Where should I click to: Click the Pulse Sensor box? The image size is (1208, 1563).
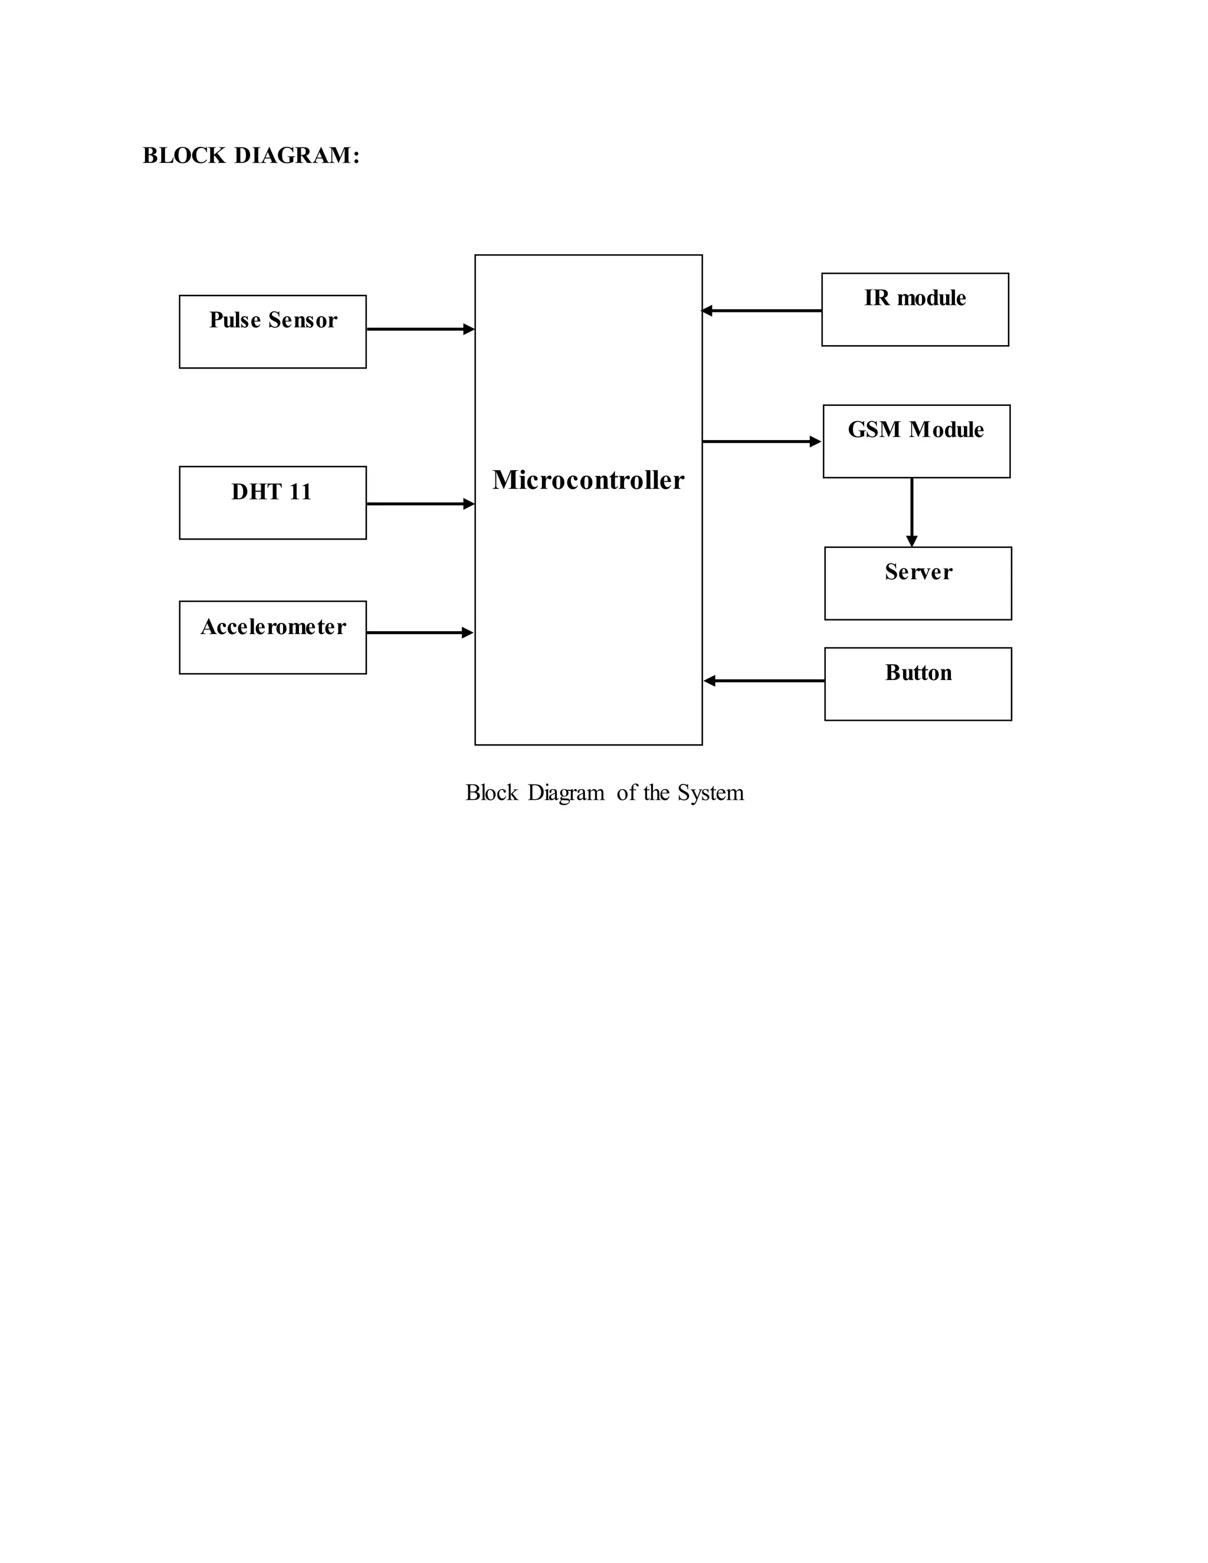coord(273,332)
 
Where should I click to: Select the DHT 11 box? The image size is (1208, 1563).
coord(273,503)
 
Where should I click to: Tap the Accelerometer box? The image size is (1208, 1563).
coord(273,638)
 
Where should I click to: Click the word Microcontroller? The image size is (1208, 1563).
coord(588,480)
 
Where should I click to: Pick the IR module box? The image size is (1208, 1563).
coord(915,310)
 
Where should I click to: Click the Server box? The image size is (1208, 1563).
coord(917,583)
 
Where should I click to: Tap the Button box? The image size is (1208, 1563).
coord(917,684)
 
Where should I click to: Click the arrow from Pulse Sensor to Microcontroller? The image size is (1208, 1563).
coord(420,329)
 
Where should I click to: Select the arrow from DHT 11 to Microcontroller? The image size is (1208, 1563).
coord(420,504)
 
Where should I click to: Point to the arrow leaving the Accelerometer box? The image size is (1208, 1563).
coord(420,633)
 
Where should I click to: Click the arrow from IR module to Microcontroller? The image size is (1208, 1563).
coord(761,311)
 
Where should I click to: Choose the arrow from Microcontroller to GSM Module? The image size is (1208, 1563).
coord(761,442)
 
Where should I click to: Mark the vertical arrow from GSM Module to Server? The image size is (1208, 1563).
coord(912,512)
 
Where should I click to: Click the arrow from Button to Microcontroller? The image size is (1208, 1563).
coord(764,681)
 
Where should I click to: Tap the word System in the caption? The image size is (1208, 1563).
coord(711,793)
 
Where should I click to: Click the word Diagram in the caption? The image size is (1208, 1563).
coord(566,793)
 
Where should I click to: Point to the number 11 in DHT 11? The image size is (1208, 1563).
coord(300,492)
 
